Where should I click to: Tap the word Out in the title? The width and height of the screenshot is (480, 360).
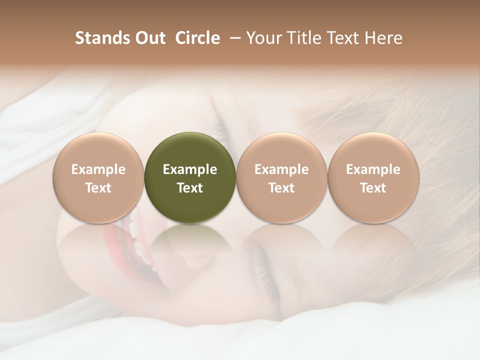(148, 38)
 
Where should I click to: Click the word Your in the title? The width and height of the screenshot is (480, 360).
(263, 38)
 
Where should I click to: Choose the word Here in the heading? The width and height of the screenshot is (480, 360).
(384, 38)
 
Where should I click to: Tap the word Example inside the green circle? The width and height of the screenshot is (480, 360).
(190, 169)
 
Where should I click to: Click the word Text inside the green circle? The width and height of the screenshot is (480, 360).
(190, 188)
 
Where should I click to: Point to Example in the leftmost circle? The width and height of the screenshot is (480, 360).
(98, 169)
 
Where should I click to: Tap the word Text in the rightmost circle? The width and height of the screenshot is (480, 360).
(373, 188)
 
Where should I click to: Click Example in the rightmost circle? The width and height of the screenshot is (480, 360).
(373, 169)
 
